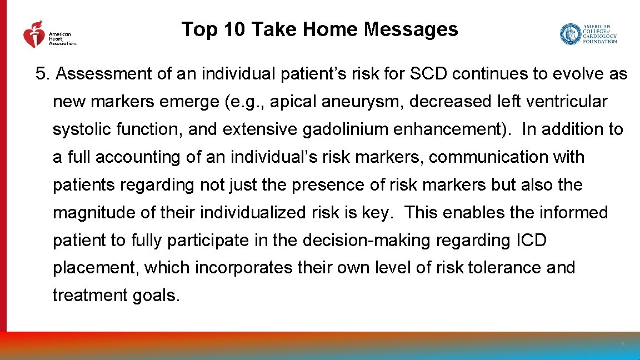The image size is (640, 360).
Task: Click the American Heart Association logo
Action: point(49,36)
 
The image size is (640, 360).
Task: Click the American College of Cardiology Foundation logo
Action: point(588,34)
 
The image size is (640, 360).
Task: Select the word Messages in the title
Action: point(411,29)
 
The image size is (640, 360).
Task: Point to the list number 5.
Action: point(42,74)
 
